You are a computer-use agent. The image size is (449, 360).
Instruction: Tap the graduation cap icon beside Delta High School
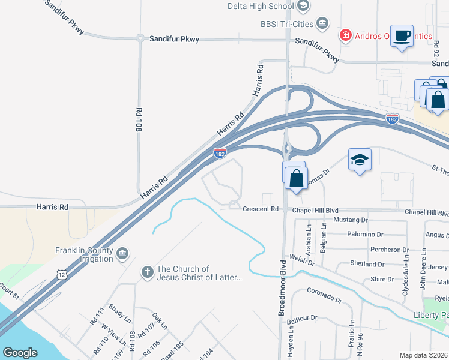click(303, 6)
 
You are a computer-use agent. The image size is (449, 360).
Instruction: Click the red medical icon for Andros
click(346, 36)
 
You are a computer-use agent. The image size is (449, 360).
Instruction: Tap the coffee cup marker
click(402, 35)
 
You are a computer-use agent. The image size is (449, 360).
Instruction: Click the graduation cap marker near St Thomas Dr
click(360, 160)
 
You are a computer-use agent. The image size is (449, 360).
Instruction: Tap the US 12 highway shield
click(62, 274)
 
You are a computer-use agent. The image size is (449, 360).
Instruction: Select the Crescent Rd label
click(261, 209)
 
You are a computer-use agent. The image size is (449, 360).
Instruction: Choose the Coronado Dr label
click(324, 296)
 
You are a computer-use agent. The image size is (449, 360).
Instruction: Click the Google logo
click(20, 353)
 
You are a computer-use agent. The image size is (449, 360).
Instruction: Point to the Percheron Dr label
click(388, 249)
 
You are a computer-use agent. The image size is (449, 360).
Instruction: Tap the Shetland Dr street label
click(367, 264)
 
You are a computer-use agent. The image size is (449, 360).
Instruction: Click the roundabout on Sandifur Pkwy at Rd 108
click(139, 38)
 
